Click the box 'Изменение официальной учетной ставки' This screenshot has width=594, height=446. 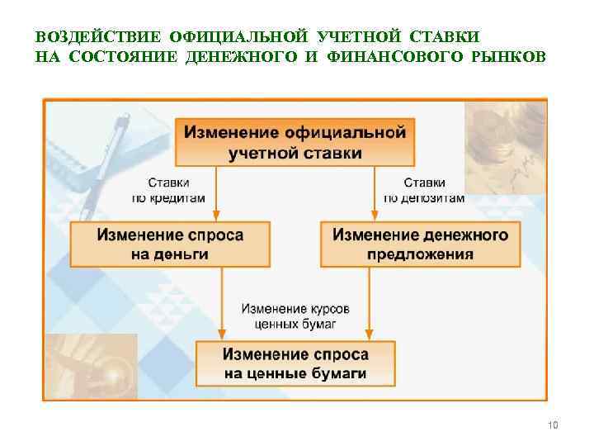(295, 142)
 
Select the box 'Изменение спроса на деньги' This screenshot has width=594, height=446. (170, 244)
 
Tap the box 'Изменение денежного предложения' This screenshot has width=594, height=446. (420, 244)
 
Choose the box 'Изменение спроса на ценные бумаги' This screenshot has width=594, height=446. (295, 364)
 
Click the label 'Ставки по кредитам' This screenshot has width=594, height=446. (168, 190)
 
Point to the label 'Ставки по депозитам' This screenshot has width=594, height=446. (424, 190)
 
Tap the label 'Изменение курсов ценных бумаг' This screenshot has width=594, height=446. (295, 316)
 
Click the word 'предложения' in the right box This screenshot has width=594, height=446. (420, 254)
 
